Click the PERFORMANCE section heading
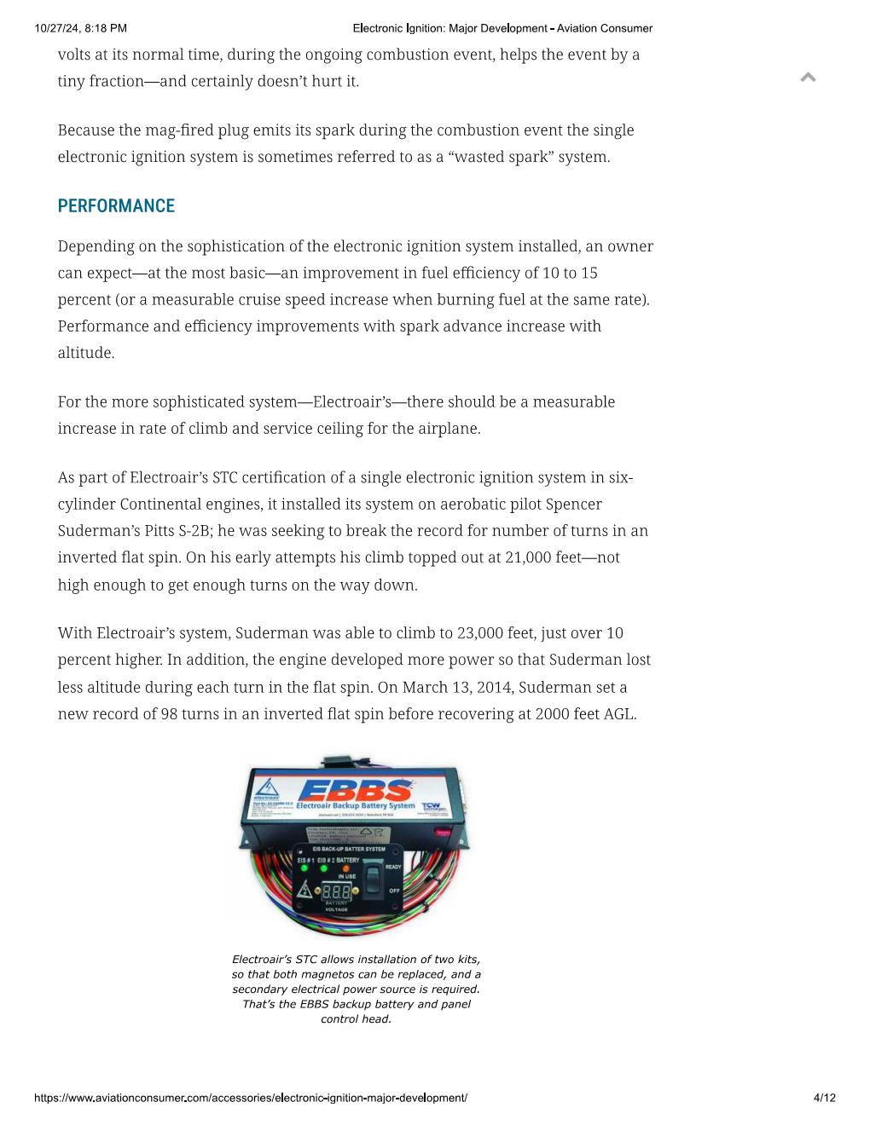(116, 206)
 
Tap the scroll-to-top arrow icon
(809, 78)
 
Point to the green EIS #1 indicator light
(304, 868)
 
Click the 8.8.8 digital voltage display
(336, 891)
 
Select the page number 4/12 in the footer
(824, 1098)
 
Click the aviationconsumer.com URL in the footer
(251, 1098)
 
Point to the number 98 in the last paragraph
(170, 714)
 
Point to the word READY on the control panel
(393, 866)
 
